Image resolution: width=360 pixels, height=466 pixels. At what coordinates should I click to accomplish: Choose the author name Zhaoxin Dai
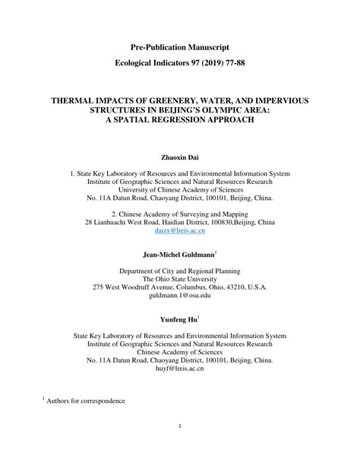[179, 157]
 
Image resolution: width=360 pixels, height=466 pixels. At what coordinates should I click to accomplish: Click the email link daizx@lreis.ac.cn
[179, 230]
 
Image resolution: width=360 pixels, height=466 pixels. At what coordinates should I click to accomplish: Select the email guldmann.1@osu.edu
[179, 298]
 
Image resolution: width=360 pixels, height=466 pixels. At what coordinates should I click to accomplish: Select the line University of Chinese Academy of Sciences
[179, 190]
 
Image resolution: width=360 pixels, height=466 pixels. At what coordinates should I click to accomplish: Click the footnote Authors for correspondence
[86, 421]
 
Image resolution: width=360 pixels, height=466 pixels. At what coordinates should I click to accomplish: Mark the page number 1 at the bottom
[180, 447]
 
